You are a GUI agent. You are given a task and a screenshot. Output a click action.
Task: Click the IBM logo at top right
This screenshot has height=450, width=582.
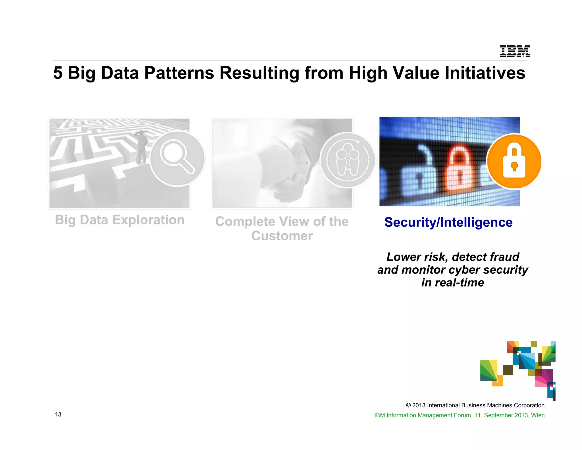pos(515,51)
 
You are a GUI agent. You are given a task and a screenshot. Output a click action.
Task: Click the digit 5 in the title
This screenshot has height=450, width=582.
pos(58,73)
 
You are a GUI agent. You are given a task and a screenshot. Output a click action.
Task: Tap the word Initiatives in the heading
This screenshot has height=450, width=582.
pos(485,73)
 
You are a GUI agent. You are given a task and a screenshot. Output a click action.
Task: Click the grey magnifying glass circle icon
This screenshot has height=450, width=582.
pos(177,158)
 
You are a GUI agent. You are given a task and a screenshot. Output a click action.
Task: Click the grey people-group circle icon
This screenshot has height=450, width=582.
pos(347,160)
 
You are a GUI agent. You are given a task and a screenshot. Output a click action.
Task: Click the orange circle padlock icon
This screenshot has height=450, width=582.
pos(514,161)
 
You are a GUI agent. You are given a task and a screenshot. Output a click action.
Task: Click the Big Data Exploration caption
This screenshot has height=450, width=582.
pos(120,220)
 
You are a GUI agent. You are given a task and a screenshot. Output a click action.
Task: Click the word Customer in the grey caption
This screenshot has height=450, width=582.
pos(282,236)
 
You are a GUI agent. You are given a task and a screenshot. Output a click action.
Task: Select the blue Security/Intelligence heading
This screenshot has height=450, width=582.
pos(448,222)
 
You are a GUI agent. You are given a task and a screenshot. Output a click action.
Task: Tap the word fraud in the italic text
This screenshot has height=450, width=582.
pos(502,257)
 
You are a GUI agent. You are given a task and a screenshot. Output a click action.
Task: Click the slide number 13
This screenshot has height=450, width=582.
pos(58,414)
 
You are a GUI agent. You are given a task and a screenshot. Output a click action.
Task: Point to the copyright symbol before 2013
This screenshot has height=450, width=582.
pos(408,405)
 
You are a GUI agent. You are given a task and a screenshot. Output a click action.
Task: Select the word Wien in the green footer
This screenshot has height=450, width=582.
pos(538,415)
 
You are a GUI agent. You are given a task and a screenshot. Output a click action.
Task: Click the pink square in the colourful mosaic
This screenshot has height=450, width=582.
pos(543,378)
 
